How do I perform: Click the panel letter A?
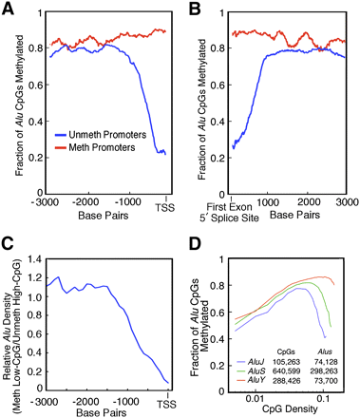9,9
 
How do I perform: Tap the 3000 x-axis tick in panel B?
346,177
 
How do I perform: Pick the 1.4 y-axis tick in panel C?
42,239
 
